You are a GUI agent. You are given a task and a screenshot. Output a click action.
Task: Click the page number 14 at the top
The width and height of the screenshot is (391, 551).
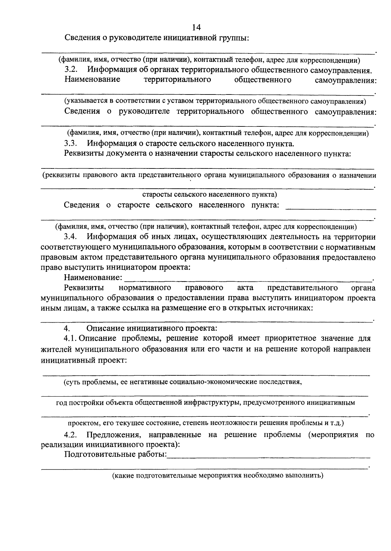197,27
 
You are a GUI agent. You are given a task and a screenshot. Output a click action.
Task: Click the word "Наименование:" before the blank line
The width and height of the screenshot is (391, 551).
93,278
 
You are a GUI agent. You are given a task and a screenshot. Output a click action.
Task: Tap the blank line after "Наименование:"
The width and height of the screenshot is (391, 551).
248,280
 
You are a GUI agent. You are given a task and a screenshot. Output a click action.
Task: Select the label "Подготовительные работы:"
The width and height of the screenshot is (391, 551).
115,454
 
